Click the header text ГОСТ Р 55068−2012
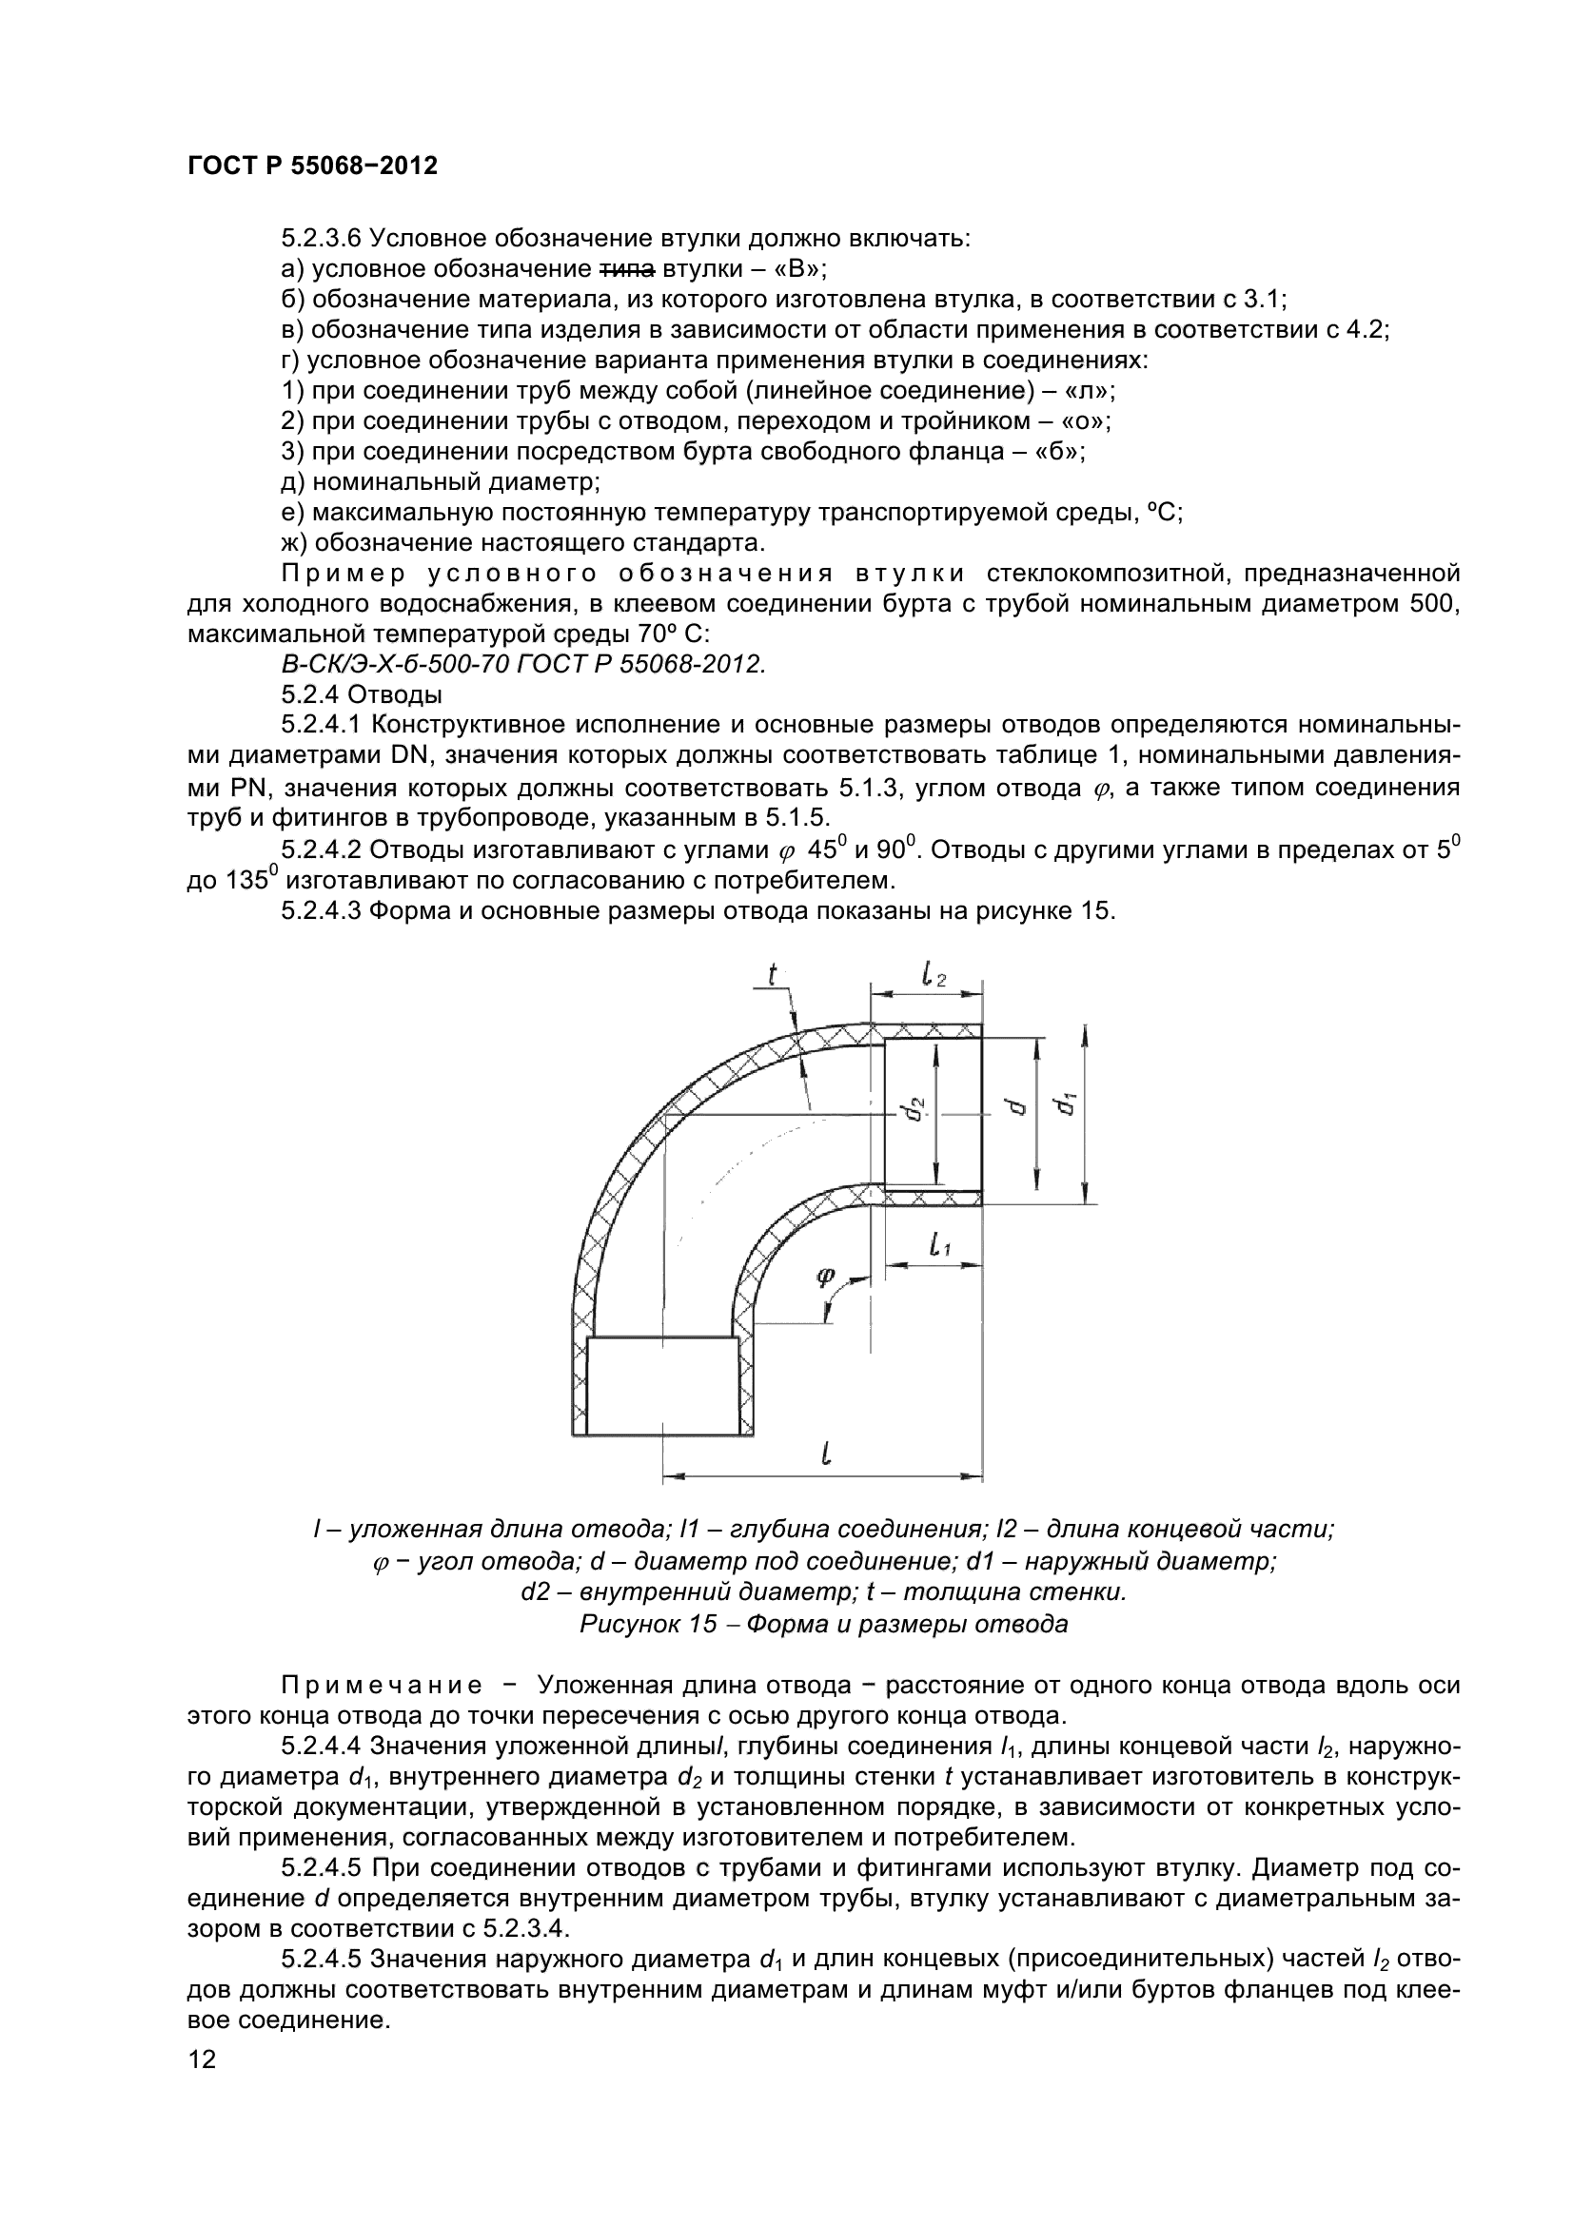[x=312, y=166]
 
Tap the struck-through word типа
[x=624, y=268]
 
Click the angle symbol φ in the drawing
[x=825, y=1277]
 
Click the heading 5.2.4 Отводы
[x=362, y=693]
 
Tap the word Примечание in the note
[x=382, y=1686]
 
